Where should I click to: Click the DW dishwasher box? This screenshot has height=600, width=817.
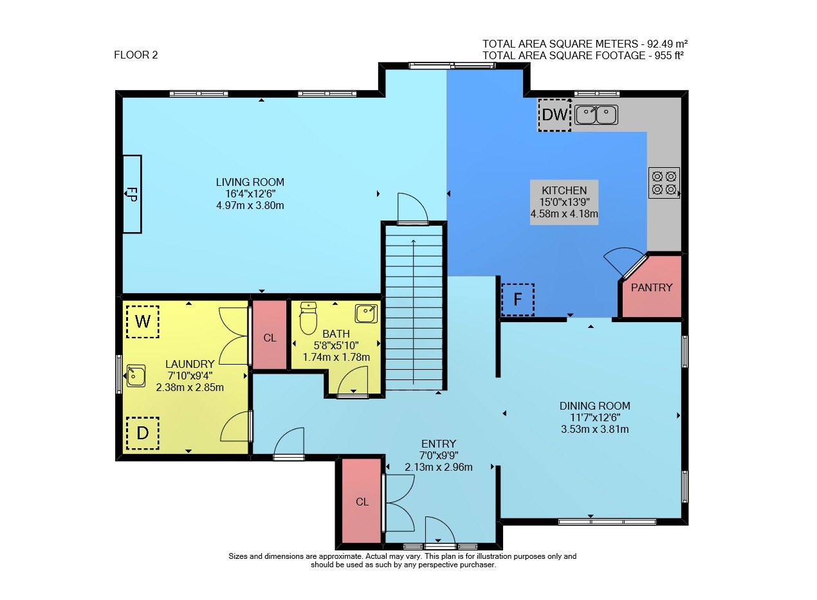[x=555, y=115]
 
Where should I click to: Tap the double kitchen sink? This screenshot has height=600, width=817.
[x=596, y=115]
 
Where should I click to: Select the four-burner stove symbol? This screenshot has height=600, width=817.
[x=664, y=183]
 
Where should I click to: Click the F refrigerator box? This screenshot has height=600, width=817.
[x=518, y=300]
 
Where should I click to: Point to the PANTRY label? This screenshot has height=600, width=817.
[x=652, y=287]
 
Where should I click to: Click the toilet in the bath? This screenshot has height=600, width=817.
[x=308, y=318]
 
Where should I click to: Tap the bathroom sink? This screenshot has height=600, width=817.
[x=366, y=314]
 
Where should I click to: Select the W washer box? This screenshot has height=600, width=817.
[x=143, y=322]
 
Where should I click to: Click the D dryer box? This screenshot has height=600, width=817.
[x=143, y=433]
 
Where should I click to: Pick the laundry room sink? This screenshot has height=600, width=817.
[x=136, y=376]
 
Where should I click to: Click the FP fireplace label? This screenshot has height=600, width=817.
[x=131, y=194]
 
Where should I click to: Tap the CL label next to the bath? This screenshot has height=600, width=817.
[x=270, y=338]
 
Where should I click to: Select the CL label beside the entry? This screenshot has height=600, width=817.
[x=362, y=502]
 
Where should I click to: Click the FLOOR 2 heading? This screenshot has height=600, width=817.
[x=136, y=55]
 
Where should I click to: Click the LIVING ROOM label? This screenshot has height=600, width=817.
[x=250, y=182]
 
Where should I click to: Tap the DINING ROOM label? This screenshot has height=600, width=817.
[x=595, y=406]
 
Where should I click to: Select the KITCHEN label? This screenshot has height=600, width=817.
[x=564, y=190]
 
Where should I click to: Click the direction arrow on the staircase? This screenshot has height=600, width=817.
[x=413, y=312]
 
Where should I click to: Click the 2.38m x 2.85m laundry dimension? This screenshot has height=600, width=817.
[x=190, y=387]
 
